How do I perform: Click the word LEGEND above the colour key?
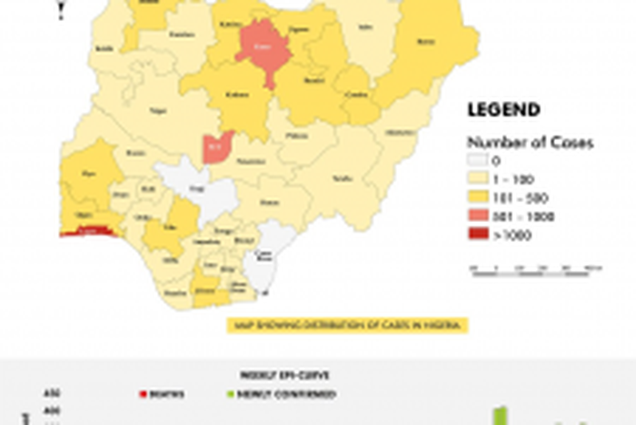[503, 110]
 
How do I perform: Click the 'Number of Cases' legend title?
[517, 143]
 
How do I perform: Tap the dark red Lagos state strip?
[88, 232]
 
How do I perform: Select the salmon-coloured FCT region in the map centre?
[217, 145]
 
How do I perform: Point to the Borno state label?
[424, 41]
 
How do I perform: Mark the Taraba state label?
[341, 178]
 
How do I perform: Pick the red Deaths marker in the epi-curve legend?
[143, 394]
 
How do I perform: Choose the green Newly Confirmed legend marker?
[232, 394]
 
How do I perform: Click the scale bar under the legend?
[536, 268]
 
